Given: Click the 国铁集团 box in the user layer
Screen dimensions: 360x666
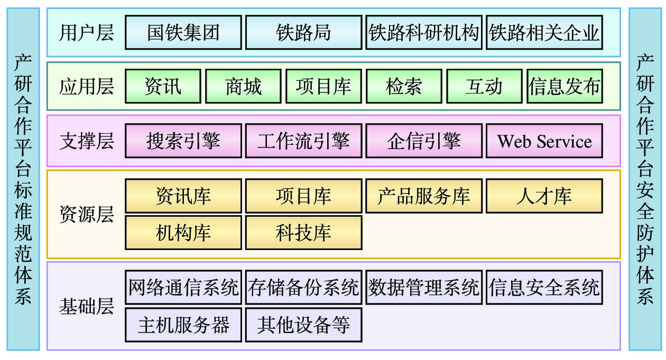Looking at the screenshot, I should click(x=183, y=33).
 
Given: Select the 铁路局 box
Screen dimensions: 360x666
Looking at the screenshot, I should click(x=303, y=33).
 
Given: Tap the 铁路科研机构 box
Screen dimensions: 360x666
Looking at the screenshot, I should click(x=424, y=33).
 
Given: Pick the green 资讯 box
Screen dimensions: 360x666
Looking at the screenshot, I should click(x=163, y=86).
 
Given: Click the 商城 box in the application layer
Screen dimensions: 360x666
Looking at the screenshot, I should click(x=243, y=86).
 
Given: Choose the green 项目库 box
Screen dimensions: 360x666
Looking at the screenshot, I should click(x=323, y=86).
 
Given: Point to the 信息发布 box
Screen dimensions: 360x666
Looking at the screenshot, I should click(x=565, y=86).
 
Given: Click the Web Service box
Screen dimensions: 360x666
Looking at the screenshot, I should click(x=544, y=141).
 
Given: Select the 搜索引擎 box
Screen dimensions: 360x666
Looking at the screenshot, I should click(x=183, y=141).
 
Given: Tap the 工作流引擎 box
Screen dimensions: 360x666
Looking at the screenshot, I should click(x=303, y=141).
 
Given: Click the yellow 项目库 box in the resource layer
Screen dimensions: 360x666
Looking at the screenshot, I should click(x=303, y=196).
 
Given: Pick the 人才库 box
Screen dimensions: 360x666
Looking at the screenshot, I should click(x=544, y=196).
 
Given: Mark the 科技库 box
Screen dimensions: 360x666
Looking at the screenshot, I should click(x=303, y=233).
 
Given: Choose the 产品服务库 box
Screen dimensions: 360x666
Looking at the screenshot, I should click(x=424, y=196).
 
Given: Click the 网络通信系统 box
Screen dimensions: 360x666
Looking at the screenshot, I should click(x=183, y=288).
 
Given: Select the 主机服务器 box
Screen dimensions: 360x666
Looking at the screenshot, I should click(x=183, y=325).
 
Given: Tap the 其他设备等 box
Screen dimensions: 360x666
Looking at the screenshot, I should click(x=303, y=325).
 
